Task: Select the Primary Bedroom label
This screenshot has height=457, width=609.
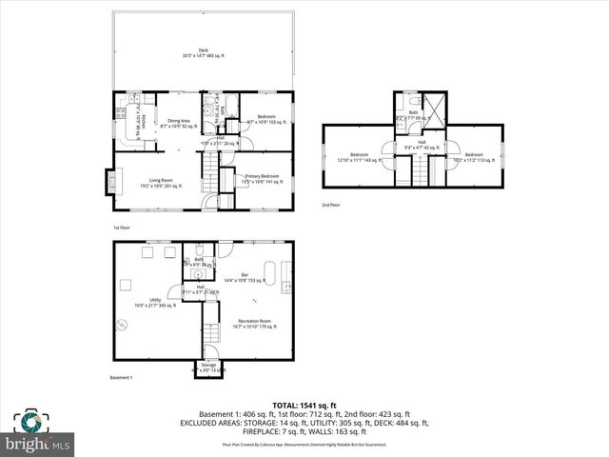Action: [x=262, y=178]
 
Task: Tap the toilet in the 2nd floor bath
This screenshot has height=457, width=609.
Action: [x=404, y=102]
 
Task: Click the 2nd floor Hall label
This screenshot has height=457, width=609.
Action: [x=421, y=145]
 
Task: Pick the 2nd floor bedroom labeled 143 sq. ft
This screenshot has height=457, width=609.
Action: [x=360, y=157]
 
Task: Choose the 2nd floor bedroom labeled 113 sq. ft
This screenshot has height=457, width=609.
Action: [x=473, y=157]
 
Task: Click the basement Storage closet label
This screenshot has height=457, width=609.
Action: [x=208, y=368]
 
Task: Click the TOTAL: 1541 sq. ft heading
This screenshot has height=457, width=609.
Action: [x=304, y=406]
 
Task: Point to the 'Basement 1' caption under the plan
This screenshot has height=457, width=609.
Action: [x=120, y=379]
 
